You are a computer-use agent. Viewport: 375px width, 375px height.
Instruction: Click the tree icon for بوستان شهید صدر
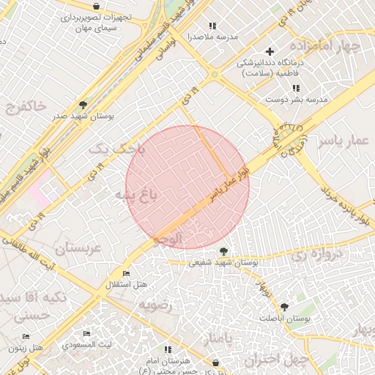click(83, 105)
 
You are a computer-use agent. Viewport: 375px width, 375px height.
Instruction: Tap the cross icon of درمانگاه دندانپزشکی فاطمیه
click(270, 51)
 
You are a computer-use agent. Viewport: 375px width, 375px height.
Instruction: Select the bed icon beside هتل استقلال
click(127, 274)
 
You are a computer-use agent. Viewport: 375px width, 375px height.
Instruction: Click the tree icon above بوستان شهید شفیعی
click(223, 251)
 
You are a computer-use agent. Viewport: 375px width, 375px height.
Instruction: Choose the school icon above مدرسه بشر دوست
click(297, 88)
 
